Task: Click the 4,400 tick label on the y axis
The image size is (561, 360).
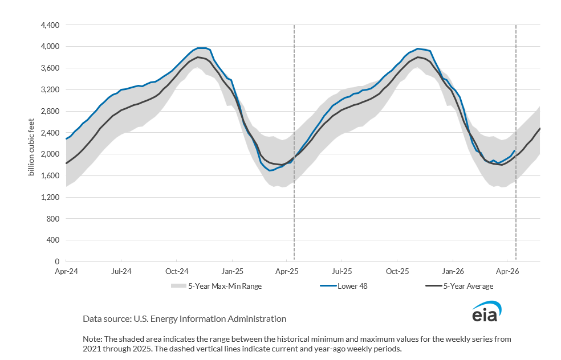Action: (x=49, y=25)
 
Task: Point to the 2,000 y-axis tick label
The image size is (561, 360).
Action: (x=49, y=154)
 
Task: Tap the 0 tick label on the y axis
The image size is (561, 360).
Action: (x=57, y=261)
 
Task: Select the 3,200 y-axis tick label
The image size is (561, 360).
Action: (x=49, y=89)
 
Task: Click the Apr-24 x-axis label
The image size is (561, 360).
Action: (x=66, y=272)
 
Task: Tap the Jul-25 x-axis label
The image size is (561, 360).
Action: (x=342, y=272)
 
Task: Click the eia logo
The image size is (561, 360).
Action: (x=486, y=312)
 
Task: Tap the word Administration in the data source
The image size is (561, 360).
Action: (x=258, y=319)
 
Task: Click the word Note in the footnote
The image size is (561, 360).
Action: (x=92, y=338)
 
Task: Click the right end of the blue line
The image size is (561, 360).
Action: (x=515, y=150)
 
